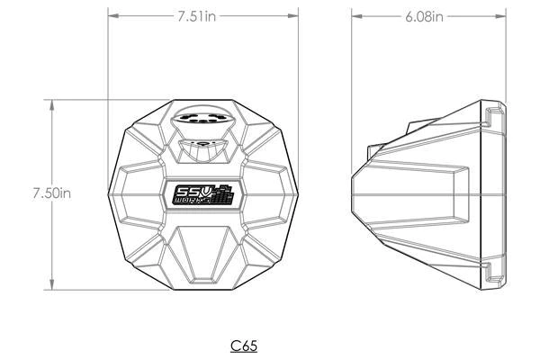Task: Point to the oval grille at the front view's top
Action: (x=205, y=120)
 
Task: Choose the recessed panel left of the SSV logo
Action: (x=144, y=194)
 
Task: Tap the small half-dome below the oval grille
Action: (x=203, y=145)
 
